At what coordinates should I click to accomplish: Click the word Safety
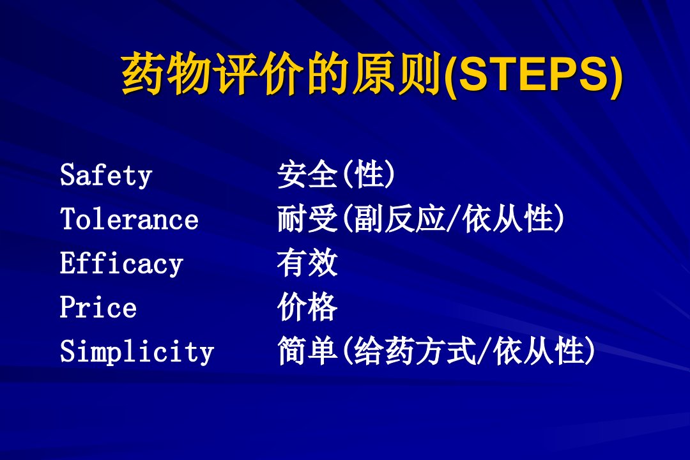[x=105, y=176]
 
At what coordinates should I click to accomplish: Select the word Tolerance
[x=129, y=218]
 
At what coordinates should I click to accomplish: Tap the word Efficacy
[x=121, y=264]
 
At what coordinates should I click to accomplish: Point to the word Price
[x=98, y=307]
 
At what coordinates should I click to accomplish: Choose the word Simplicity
[x=137, y=352]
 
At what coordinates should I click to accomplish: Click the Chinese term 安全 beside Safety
[x=307, y=174]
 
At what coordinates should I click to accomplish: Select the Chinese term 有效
[x=307, y=263]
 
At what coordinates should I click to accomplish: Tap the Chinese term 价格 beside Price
[x=307, y=307]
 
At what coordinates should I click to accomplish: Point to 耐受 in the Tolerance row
[x=307, y=218]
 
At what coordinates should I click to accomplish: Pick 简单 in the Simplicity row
[x=307, y=351]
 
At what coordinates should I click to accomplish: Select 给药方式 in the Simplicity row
[x=415, y=351]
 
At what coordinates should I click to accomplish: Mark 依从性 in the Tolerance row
[x=507, y=218]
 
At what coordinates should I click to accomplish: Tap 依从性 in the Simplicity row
[x=538, y=351]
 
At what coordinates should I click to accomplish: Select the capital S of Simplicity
[x=67, y=351]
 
